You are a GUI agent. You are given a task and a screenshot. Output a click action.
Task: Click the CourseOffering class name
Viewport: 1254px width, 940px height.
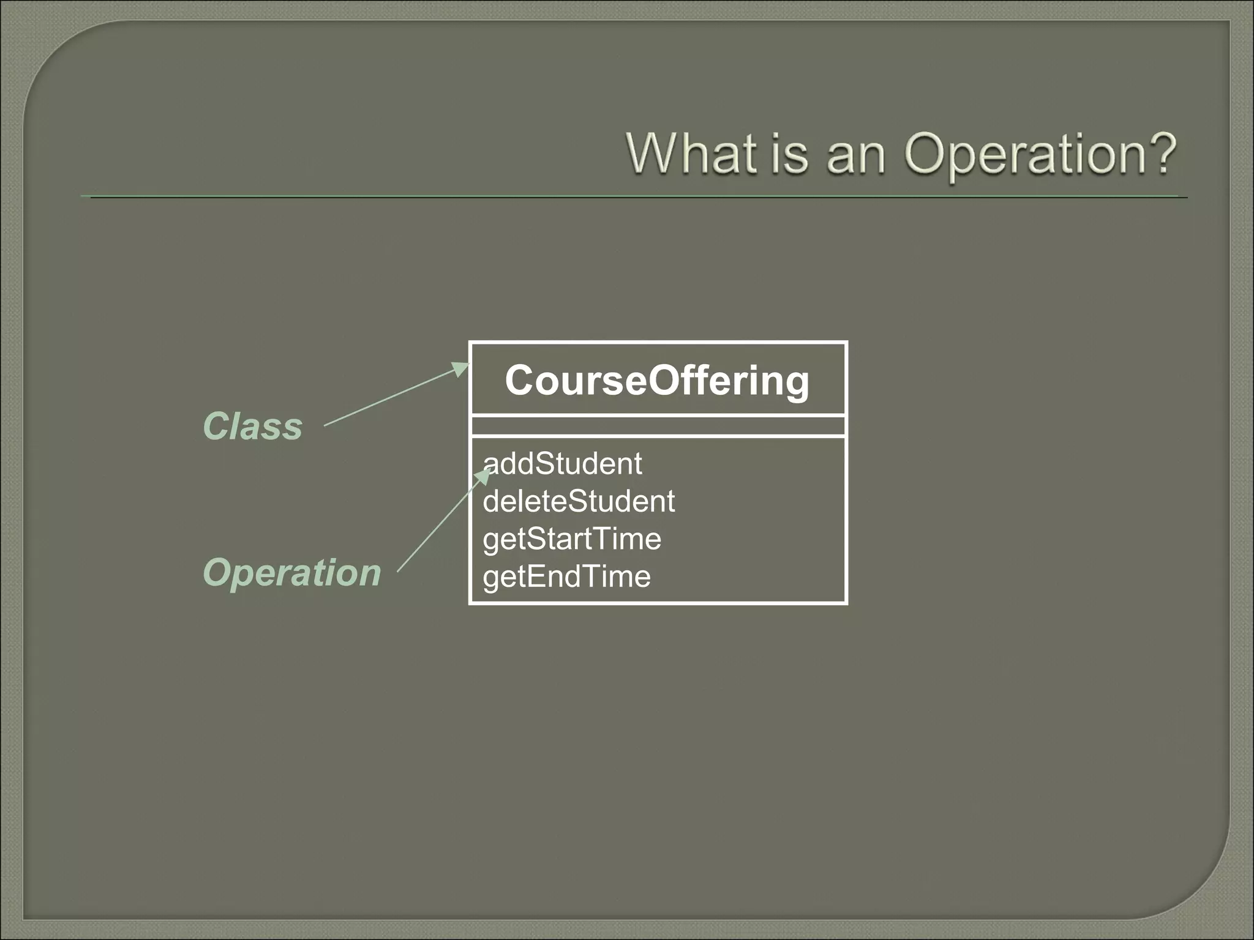coord(657,380)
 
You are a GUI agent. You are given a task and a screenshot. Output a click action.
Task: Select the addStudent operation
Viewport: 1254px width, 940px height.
coord(562,463)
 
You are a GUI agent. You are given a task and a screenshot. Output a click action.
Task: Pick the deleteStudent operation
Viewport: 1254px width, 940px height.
coord(579,501)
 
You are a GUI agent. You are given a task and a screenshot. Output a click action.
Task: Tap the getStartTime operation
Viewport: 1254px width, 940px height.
coord(572,539)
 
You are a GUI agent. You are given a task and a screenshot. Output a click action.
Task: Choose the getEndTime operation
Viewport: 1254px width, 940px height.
coord(566,576)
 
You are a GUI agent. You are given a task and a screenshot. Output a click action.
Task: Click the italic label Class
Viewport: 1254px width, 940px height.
coord(252,426)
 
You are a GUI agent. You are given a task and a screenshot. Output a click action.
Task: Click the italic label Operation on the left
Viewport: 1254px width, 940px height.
coord(291,573)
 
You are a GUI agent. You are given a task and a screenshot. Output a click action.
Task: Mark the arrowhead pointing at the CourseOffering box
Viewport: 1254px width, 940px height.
coord(460,368)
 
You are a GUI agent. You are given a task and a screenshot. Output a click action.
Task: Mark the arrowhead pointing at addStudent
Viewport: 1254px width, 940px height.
coord(485,475)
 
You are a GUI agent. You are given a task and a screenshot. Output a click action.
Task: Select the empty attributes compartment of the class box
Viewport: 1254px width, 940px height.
coord(658,425)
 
